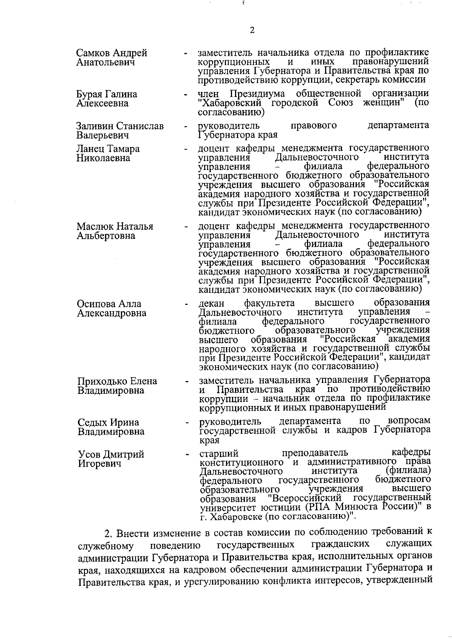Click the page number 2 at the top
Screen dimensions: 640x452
pos(252,31)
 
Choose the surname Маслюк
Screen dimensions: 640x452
pos(95,227)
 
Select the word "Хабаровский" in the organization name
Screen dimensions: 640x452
pos(231,103)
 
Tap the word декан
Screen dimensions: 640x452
pos(211,303)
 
